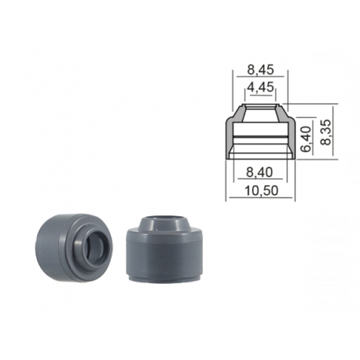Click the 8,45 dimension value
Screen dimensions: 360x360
coord(260,70)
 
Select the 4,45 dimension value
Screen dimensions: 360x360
coord(260,87)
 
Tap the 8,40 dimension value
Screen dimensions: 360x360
coord(259,172)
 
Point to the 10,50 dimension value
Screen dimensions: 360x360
coord(261,190)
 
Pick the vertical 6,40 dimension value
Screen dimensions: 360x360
coord(306,139)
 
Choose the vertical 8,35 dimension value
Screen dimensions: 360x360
coord(326,132)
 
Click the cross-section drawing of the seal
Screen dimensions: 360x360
coord(260,131)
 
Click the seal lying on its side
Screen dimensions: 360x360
coord(74,248)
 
